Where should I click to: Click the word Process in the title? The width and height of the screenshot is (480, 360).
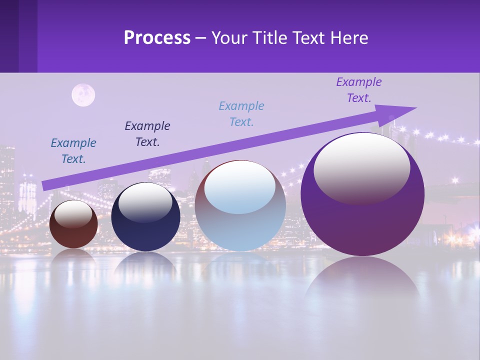coord(157,38)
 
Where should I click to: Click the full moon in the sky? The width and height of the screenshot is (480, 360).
coord(83,95)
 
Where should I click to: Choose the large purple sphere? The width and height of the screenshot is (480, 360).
coord(362,225)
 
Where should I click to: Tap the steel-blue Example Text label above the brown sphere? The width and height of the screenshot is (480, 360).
coord(73,151)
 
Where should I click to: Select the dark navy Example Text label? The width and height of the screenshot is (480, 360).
coord(147,134)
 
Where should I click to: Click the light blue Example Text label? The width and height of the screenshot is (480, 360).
coord(241,114)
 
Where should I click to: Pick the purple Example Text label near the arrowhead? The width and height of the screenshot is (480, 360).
coord(359,90)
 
